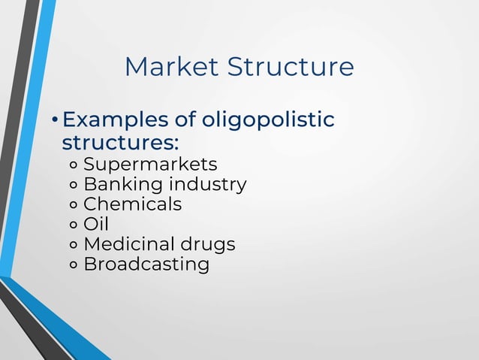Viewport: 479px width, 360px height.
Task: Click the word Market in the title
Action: [x=172, y=67]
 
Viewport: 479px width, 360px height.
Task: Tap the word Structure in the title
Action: [x=291, y=67]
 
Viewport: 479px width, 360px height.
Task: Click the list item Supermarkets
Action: [x=150, y=164]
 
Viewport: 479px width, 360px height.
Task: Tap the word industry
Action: [x=207, y=184]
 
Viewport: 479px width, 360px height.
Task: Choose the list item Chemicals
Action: [x=132, y=204]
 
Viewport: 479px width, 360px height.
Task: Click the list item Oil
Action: [x=96, y=224]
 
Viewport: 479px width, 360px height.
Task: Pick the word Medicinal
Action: [x=128, y=244]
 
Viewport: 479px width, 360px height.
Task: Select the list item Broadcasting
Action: [x=146, y=265]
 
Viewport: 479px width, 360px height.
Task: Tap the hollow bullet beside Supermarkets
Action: [x=74, y=165]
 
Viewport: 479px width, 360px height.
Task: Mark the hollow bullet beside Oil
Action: [x=74, y=225]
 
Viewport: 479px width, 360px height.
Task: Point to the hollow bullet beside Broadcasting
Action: [x=74, y=265]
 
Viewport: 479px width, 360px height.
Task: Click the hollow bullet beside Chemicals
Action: [x=74, y=205]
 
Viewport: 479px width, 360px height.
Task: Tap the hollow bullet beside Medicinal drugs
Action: [x=74, y=246]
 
